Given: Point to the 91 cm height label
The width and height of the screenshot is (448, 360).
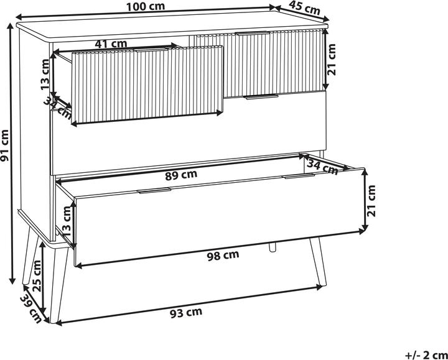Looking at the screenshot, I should (x=6, y=154).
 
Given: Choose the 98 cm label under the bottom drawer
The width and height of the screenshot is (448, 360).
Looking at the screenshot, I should (x=222, y=255).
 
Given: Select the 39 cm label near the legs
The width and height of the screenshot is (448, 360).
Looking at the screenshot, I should (x=30, y=308).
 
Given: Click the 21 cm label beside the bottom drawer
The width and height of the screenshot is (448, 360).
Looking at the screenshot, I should (x=371, y=201).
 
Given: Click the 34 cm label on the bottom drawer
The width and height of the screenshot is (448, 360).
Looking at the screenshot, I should (x=322, y=166).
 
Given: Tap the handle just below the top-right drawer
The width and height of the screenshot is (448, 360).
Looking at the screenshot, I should (x=261, y=96).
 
